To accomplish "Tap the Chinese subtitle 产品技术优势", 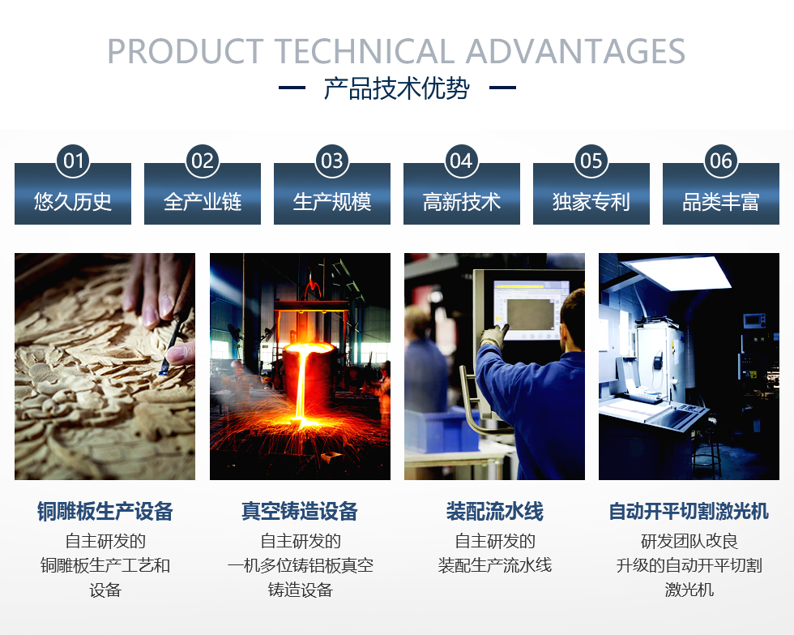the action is (x=397, y=88).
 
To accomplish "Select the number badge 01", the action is (x=73, y=161).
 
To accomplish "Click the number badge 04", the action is (x=461, y=161).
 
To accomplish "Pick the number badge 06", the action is (x=720, y=161).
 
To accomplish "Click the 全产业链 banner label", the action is (x=203, y=202).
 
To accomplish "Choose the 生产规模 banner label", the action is (x=332, y=202).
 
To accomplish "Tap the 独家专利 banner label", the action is (x=591, y=202).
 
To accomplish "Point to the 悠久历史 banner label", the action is (x=73, y=202).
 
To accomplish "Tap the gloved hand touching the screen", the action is (x=493, y=337).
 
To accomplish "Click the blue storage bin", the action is (x=441, y=431).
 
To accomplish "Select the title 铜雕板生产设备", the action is (x=105, y=511).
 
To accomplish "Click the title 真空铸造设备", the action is (x=300, y=511).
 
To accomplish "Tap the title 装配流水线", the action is (x=495, y=511).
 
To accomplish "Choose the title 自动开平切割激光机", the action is (x=689, y=511).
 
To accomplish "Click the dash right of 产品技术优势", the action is (x=502, y=88).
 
